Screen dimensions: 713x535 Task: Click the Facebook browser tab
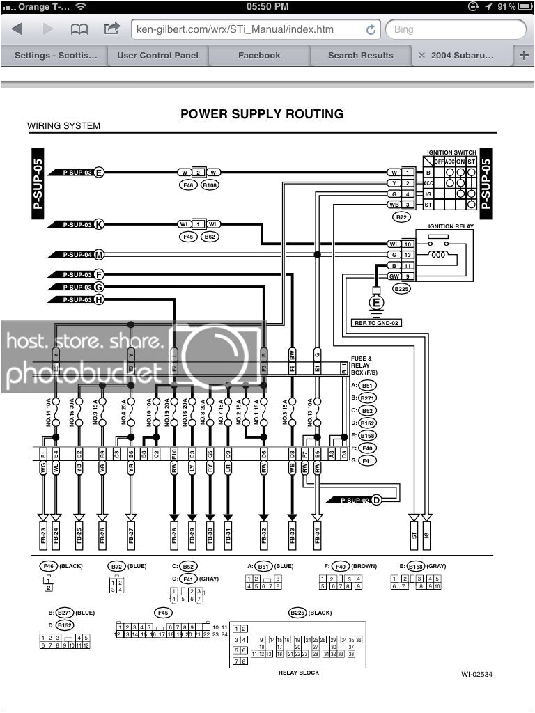coord(259,55)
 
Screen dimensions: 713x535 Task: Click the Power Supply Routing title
coord(262,114)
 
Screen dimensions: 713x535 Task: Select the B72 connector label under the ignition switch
coord(401,218)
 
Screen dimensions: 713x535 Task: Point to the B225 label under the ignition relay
coord(402,288)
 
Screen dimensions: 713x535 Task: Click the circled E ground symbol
coord(377,303)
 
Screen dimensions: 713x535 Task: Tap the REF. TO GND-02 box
coord(377,324)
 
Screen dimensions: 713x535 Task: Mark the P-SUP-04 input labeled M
coord(77,255)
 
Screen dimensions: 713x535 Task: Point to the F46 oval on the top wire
coord(187,186)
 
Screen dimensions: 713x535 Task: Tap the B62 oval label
coord(209,237)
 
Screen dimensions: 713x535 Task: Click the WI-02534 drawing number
coord(477,674)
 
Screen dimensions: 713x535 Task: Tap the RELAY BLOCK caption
coord(299,673)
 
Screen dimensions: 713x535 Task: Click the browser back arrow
coord(17,29)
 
